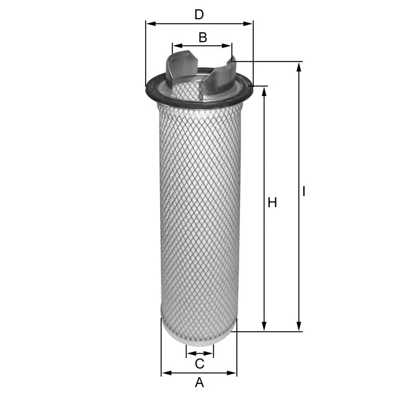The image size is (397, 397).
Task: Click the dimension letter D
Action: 198,14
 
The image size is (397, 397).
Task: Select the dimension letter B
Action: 202,37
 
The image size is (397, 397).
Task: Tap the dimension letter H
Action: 272,202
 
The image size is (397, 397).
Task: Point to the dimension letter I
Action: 304,192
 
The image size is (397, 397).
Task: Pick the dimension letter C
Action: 199,363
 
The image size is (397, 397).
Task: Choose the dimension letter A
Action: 199,383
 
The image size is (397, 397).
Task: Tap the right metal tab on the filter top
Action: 221,78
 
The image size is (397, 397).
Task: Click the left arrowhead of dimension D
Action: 149,24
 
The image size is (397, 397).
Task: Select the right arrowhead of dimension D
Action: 250,24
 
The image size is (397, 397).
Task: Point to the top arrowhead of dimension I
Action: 299,66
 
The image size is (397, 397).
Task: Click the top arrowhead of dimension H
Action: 265,91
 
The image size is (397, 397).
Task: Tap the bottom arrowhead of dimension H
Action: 265,327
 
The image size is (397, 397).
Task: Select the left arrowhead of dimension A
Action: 165,373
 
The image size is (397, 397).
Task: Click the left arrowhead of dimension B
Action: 176,45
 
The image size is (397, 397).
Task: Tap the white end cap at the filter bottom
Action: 198,330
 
